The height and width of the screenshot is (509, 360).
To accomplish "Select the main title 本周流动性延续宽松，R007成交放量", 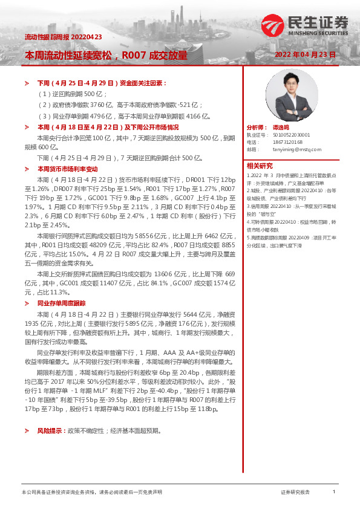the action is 106,55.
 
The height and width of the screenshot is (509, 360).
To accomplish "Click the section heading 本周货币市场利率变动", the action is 67,169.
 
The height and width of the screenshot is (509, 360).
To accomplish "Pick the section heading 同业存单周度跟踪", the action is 61,303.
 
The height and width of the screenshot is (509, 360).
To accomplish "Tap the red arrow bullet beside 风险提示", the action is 26,431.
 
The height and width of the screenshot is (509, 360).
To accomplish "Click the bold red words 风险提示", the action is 49,431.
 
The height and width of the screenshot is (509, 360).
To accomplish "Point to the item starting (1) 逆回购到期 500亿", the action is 72,94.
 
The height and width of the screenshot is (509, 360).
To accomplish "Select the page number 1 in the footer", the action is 334,492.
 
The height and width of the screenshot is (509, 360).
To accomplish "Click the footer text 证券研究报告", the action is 295,493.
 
